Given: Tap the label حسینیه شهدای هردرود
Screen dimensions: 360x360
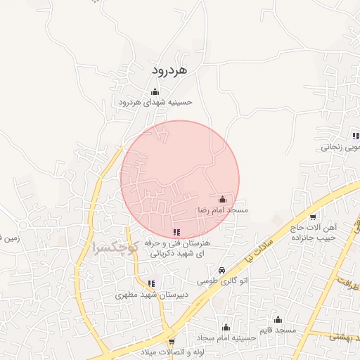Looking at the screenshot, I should (x=155, y=103).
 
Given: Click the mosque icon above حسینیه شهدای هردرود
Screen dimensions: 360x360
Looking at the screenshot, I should (x=155, y=91).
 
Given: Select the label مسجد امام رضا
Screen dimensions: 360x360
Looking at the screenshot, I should (x=223, y=210).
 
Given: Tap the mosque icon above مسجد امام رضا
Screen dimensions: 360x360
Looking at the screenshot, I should (x=223, y=199).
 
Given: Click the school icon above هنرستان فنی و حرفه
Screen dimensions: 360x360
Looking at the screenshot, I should (x=176, y=232).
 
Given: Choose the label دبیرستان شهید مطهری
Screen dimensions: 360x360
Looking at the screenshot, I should (x=150, y=296).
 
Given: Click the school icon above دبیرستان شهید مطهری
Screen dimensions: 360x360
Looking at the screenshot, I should (x=152, y=284).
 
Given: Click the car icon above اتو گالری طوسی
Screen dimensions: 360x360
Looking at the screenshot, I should (x=221, y=270).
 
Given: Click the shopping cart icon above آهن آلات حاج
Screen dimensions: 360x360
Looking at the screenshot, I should (x=313, y=217).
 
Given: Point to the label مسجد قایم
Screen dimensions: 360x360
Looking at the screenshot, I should (x=278, y=330).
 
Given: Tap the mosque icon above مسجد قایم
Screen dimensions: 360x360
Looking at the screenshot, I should (x=278, y=319).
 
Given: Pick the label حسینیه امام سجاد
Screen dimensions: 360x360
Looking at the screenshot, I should (x=225, y=338).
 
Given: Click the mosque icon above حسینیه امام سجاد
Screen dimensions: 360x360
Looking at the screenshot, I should (x=226, y=327).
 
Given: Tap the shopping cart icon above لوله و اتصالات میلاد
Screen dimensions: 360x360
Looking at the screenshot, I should (x=172, y=342).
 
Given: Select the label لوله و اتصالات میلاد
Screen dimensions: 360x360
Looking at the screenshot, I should (x=172, y=352).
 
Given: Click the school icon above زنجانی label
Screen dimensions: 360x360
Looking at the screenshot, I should (x=356, y=136).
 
